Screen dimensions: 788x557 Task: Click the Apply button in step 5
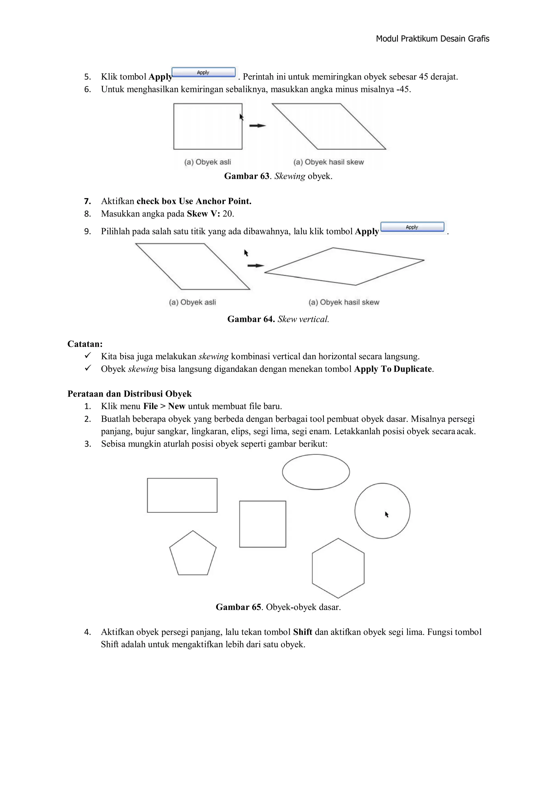point(203,72)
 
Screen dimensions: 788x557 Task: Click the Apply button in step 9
point(412,227)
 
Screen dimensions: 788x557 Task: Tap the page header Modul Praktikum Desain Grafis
point(432,39)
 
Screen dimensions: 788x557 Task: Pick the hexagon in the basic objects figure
point(338,568)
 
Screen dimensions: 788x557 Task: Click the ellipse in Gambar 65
point(315,472)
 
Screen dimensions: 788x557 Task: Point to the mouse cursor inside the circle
point(386,514)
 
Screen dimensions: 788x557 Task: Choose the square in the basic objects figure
point(262,524)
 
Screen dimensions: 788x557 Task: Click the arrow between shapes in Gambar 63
point(257,125)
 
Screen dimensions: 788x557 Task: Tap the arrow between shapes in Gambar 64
point(256,266)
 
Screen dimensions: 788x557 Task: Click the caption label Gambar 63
point(247,176)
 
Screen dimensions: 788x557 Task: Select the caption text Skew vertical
point(303,319)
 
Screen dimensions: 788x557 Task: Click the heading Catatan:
point(85,344)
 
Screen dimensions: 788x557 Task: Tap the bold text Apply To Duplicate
point(393,369)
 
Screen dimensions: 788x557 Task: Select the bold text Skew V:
point(203,214)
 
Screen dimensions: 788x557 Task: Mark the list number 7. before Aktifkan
point(88,201)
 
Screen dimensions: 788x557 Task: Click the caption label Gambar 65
point(238,607)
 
